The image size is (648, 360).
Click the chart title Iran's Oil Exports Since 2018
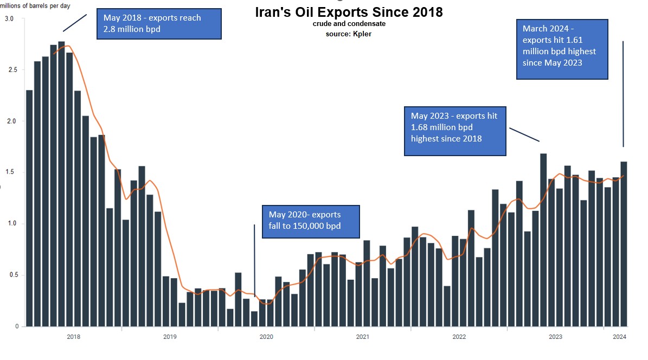(x=349, y=12)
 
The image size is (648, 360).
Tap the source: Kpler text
(x=349, y=34)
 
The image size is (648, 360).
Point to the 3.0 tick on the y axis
(x=10, y=19)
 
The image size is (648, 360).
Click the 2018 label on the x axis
(x=74, y=337)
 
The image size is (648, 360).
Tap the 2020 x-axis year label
(x=266, y=337)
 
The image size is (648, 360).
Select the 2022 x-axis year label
(x=459, y=337)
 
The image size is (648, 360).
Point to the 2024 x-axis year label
(x=620, y=337)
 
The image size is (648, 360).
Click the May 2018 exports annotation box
(x=159, y=24)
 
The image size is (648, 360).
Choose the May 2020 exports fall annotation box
(x=310, y=221)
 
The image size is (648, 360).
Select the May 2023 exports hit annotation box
(x=455, y=131)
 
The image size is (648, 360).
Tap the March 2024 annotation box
(x=562, y=49)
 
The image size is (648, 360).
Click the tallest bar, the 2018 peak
(x=61, y=184)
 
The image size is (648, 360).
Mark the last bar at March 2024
(x=624, y=244)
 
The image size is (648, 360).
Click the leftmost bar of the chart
(x=29, y=208)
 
